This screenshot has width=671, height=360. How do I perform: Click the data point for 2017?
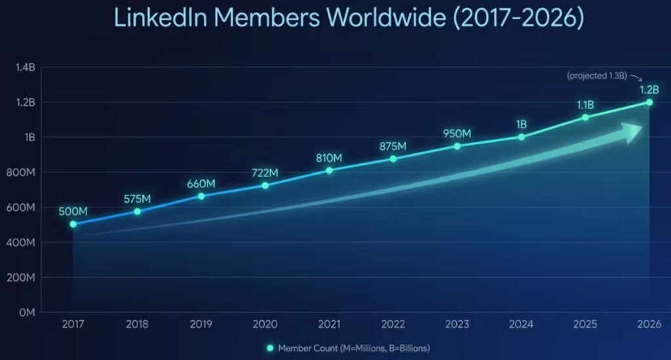coord(73,224)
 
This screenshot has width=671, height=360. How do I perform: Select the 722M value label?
coord(265,173)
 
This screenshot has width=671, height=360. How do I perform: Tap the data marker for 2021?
coord(329,170)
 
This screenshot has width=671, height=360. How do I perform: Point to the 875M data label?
coord(393,146)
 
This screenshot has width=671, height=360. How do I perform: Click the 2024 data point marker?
coord(522,137)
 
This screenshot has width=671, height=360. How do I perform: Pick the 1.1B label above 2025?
coord(585,104)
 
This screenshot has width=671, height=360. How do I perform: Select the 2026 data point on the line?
coord(649,102)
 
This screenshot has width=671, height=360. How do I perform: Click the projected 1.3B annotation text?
coord(597,75)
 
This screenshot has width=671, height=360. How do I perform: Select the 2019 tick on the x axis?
coord(201,324)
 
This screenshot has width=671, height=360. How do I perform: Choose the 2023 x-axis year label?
coord(457,324)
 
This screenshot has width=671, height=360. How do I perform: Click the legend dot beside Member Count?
coord(269,348)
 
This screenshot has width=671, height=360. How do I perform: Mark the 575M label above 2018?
coord(137,199)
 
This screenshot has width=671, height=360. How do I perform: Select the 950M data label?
coord(457,133)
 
